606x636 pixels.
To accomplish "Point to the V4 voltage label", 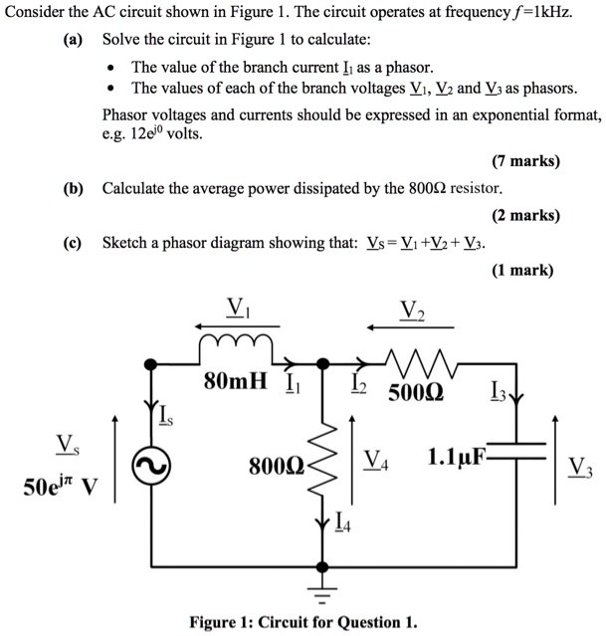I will [375, 460].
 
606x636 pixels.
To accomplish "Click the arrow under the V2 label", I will [411, 325].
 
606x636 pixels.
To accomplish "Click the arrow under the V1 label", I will [236, 324].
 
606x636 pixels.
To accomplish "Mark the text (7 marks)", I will [525, 160].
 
